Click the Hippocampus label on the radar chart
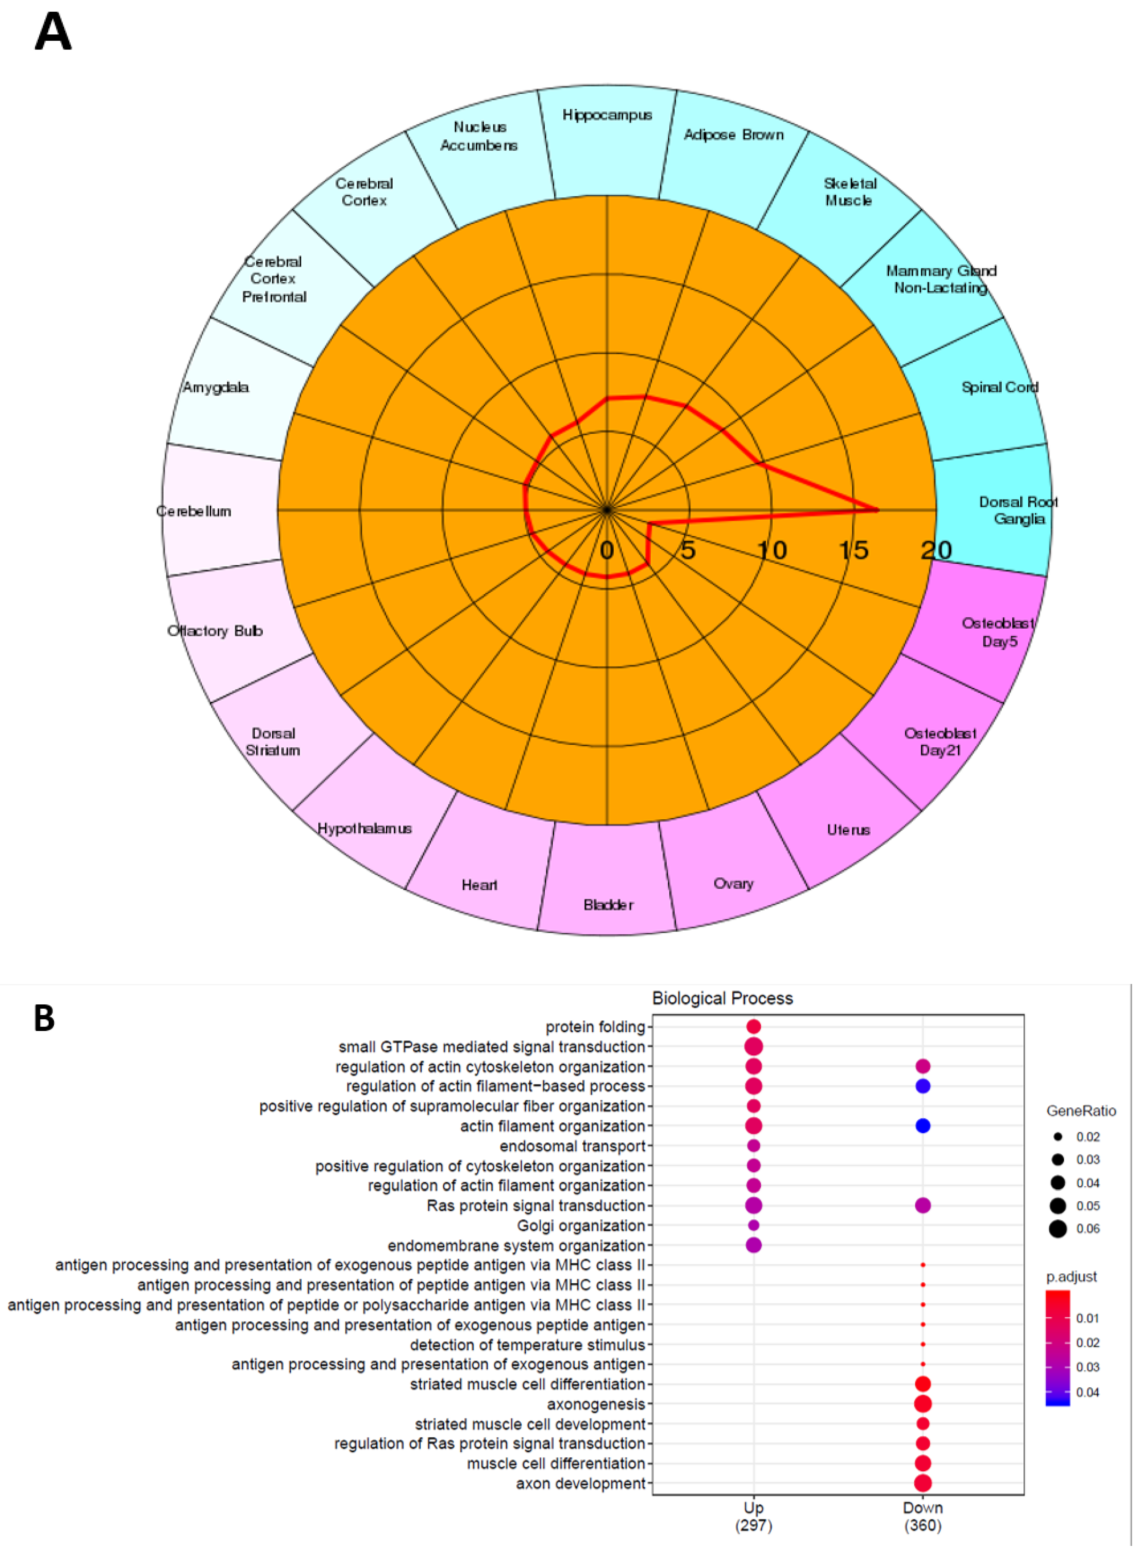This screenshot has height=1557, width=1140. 607,115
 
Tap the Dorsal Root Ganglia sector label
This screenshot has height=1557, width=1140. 1018,510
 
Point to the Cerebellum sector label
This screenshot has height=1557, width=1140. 194,511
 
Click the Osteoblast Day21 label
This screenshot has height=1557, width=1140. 940,742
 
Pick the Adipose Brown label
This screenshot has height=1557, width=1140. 733,135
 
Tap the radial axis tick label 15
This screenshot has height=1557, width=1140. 854,551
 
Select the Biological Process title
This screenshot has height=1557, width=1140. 723,998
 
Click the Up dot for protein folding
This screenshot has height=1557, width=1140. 754,1027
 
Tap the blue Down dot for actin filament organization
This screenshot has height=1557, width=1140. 923,1126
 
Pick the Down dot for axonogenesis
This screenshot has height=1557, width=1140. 923,1404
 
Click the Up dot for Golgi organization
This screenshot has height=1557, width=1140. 754,1225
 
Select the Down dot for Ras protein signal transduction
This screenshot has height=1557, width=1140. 923,1205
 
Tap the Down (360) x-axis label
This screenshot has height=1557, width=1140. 923,1516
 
